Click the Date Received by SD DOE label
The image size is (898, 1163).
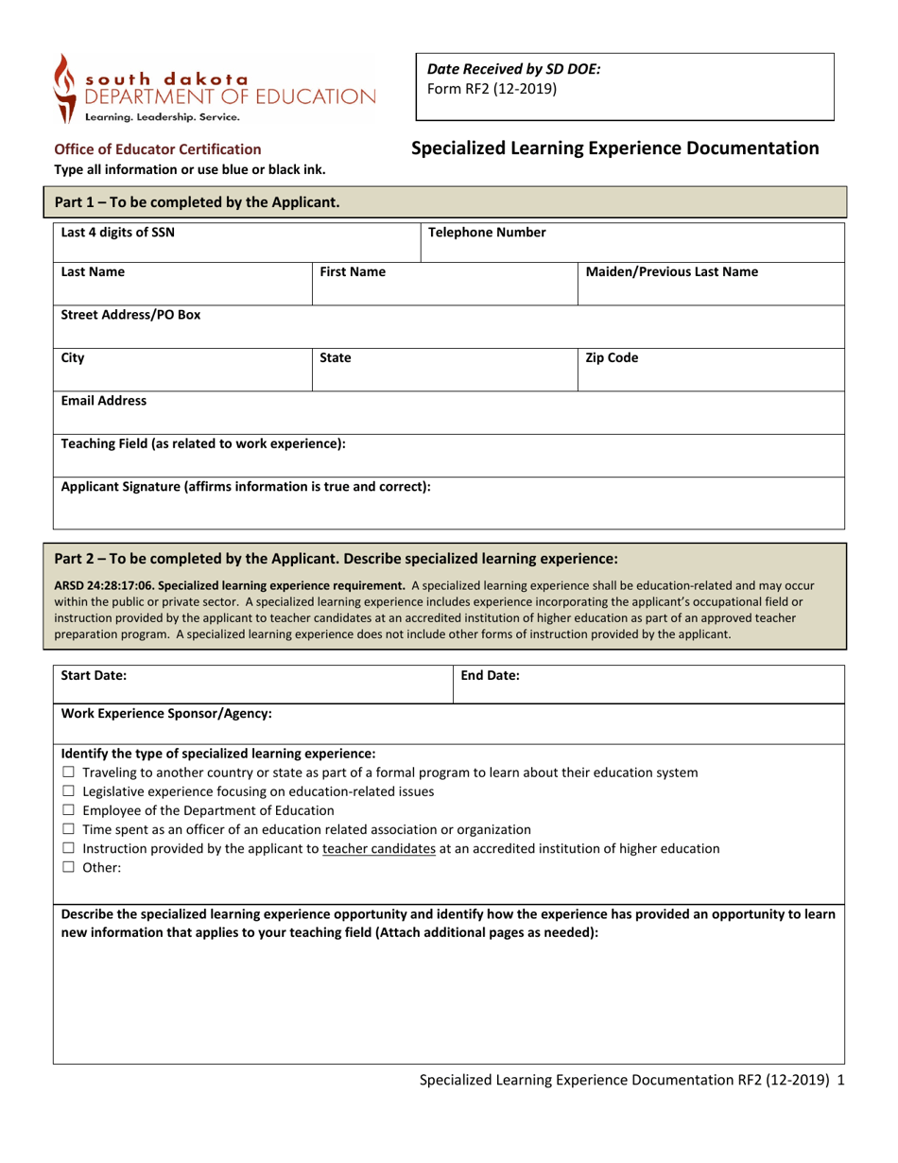pos(514,69)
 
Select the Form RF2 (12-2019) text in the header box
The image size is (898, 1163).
pos(492,90)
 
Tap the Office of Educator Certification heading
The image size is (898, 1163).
pos(158,148)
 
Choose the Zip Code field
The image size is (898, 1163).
pos(710,370)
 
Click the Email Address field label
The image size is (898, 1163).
pos(104,401)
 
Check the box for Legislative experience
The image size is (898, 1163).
pos(67,791)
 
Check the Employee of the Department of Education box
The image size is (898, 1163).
pos(67,810)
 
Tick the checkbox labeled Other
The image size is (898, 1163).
pos(67,868)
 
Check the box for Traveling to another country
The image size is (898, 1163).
pos(67,772)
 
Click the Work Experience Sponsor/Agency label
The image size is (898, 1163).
pos(166,714)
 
